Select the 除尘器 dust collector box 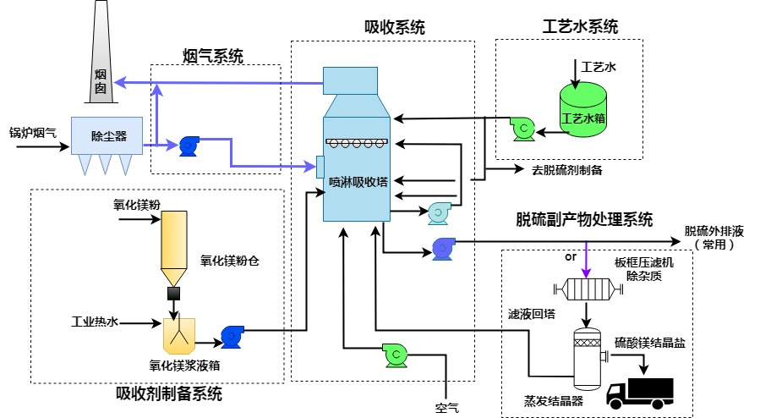click(x=108, y=135)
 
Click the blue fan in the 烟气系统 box click(x=188, y=146)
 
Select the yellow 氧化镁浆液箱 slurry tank click(x=179, y=335)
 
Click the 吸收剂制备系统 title click(x=169, y=393)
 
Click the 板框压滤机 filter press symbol click(x=585, y=289)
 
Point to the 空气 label click(x=447, y=410)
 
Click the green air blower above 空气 click(x=395, y=355)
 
